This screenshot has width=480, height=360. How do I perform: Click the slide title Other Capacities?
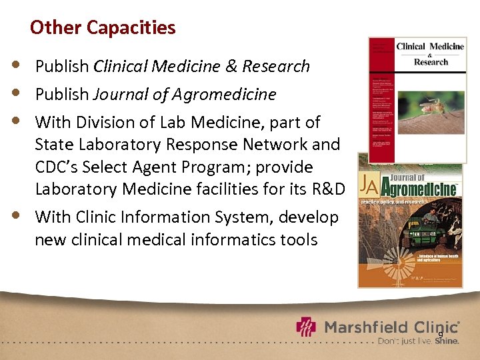[103, 27]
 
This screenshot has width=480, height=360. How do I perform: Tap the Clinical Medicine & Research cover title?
[430, 53]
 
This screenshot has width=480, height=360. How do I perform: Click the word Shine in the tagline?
[446, 341]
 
